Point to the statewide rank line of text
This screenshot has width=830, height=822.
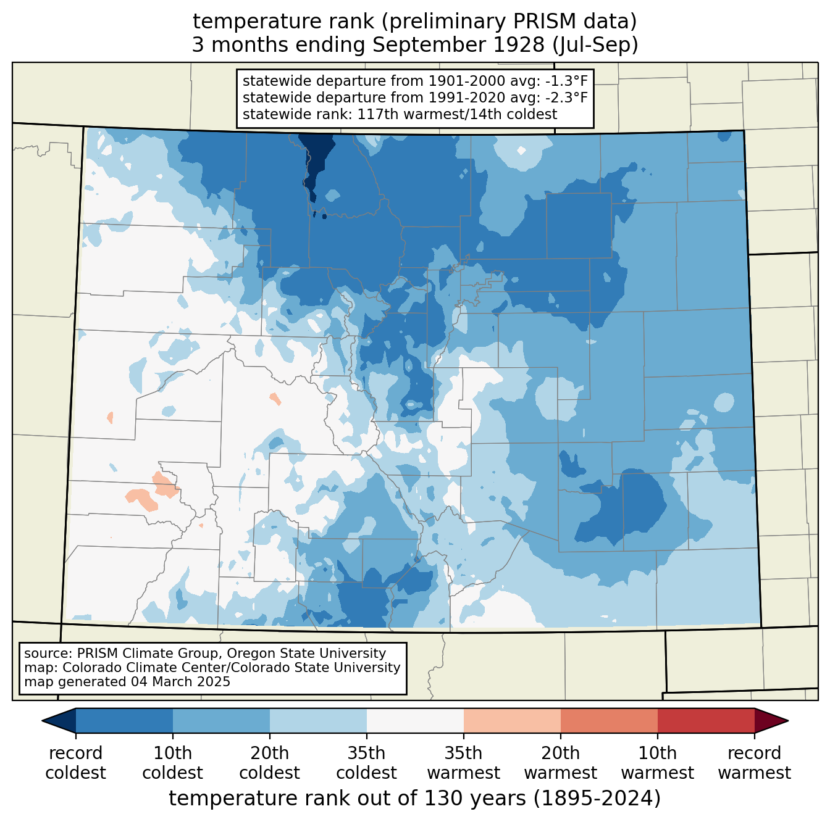400,114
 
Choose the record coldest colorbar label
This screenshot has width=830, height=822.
75,763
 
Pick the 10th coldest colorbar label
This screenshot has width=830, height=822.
172,763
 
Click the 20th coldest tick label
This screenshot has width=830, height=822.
269,763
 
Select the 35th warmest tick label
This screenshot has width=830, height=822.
463,763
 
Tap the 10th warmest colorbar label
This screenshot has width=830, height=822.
657,763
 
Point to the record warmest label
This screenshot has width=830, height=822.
754,763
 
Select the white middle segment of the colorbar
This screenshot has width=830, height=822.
415,720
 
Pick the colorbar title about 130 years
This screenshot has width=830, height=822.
414,799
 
